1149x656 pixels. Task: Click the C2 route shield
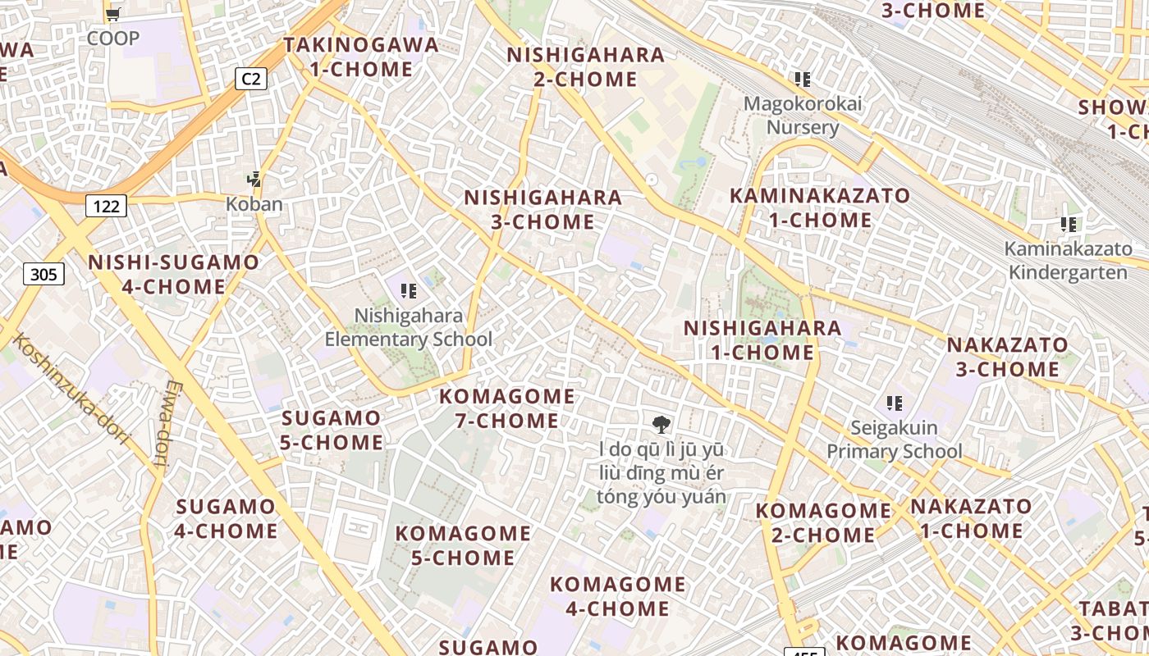251,79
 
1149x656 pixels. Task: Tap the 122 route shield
106,206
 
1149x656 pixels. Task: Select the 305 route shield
43,274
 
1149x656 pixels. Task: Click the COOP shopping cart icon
113,14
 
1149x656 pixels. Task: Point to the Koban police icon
255,179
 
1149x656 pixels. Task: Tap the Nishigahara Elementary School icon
409,290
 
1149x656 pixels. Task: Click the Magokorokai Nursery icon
803,80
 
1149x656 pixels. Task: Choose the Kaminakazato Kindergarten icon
1068,224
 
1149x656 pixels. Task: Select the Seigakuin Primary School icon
895,403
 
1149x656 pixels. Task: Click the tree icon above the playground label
661,424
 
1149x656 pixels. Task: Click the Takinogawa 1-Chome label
361,57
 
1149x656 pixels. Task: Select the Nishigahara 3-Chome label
542,209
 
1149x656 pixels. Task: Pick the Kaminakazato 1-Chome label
820,207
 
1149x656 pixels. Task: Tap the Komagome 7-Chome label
507,408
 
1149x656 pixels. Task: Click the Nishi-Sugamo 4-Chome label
173,274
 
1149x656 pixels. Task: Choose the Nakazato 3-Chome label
1008,357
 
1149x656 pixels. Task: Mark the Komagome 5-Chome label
463,545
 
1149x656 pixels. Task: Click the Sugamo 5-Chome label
332,430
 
